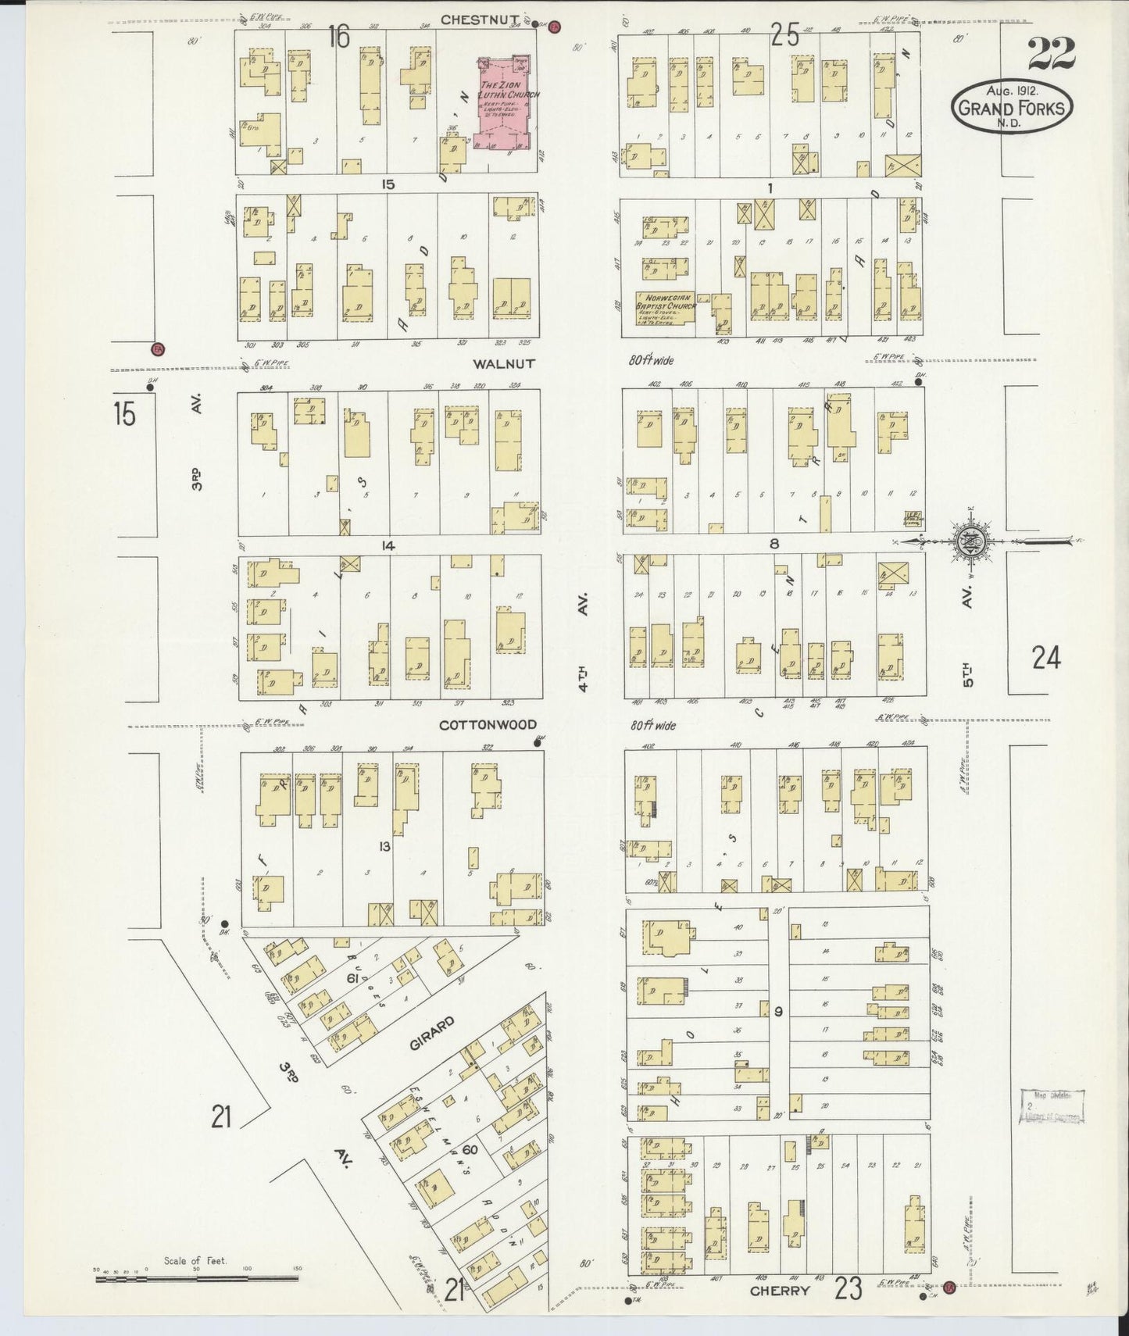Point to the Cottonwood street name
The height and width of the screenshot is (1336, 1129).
(488, 724)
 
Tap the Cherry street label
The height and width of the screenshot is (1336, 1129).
(779, 1291)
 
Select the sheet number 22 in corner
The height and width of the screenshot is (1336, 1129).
(1051, 53)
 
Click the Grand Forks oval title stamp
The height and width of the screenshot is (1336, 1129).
(1012, 105)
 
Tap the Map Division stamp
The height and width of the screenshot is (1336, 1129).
(1051, 1106)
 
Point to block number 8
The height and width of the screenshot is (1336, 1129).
(774, 544)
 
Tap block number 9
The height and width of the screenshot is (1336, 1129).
(777, 1012)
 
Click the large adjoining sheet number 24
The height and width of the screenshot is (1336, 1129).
(1045, 659)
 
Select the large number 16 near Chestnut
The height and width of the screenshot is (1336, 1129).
(338, 37)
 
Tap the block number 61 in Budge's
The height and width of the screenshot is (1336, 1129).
(352, 978)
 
